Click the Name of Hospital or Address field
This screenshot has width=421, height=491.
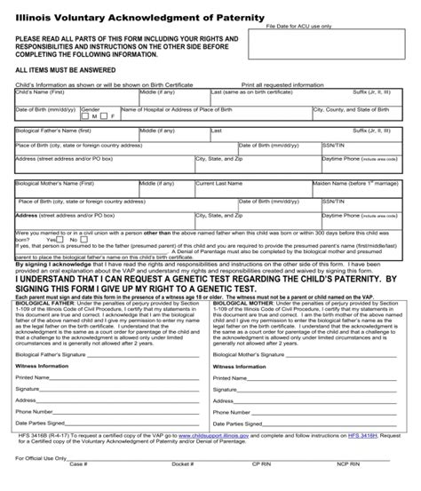coord(213,115)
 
